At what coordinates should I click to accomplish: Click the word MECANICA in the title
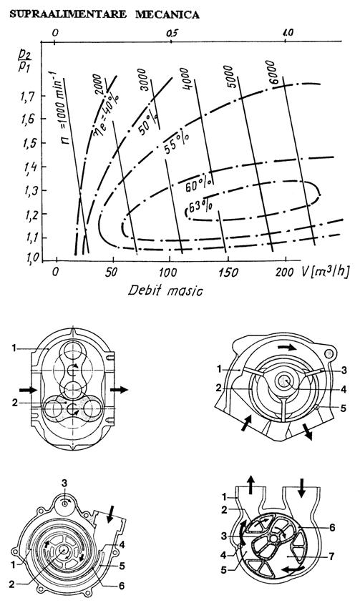167,14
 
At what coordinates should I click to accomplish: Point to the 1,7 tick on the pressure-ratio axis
27,95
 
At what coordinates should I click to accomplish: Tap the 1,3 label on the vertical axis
27,191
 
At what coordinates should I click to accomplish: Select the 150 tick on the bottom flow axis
228,273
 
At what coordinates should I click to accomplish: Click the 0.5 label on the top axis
172,34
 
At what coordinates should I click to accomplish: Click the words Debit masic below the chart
165,290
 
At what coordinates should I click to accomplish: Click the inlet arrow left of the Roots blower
29,390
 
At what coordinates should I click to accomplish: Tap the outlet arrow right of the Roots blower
119,389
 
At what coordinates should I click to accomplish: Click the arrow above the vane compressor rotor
288,347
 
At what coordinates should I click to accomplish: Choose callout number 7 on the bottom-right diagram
331,556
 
